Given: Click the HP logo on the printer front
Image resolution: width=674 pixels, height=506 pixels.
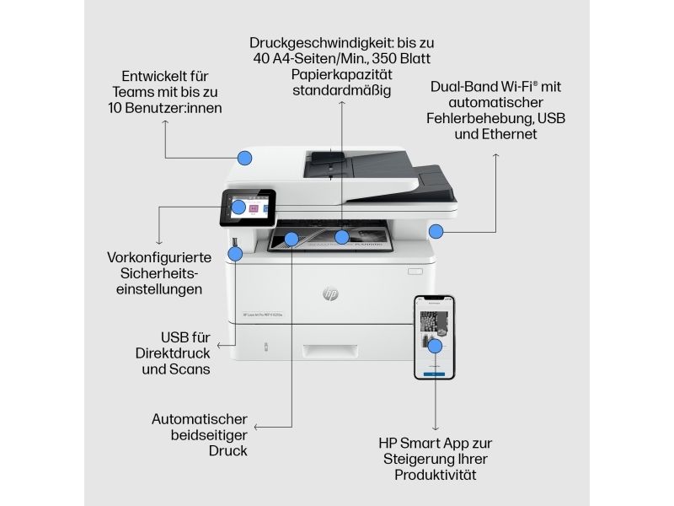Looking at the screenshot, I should (330, 293).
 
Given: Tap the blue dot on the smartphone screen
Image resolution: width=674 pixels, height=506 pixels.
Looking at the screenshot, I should (435, 346).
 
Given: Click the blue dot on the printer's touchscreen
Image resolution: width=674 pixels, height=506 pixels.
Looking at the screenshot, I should (238, 207).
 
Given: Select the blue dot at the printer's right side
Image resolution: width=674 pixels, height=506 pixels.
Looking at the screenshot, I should (436, 231).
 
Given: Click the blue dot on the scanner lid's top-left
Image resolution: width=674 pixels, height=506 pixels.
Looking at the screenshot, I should (244, 157).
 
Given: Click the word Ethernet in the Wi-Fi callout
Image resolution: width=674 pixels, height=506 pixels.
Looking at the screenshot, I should (511, 134).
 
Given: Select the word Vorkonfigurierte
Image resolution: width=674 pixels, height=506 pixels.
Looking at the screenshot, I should (159, 257).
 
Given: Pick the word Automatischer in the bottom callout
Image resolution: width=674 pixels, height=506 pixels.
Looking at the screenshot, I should (200, 419).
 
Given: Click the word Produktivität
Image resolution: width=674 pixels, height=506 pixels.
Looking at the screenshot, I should (435, 475).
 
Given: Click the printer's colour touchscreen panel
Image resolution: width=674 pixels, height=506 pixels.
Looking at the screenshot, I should (249, 207).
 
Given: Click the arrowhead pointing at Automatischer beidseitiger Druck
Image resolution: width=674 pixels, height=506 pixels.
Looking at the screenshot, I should (257, 428).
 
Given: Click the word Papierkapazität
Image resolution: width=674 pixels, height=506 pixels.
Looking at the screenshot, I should (342, 74).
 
